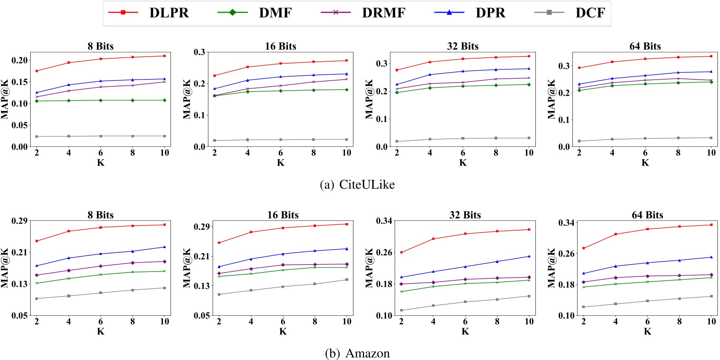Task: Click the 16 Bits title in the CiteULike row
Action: tap(280, 46)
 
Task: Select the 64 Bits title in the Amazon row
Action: tap(647, 215)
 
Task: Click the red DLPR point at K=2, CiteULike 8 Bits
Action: tap(37, 71)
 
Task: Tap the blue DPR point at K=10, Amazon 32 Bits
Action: tap(529, 256)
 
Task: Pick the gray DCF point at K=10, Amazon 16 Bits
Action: tap(347, 280)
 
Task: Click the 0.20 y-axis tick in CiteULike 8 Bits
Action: tap(19, 60)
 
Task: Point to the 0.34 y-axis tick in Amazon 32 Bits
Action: tap(384, 220)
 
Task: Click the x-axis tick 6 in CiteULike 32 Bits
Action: tap(463, 153)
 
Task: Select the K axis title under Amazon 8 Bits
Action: tap(100, 331)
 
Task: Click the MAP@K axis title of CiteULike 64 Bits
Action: tap(551, 99)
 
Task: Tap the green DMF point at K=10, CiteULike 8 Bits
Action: tap(165, 100)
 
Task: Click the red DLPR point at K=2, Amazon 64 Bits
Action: tap(583, 248)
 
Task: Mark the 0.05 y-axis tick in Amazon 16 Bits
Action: tap(202, 315)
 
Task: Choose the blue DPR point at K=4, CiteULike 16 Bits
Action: tap(248, 80)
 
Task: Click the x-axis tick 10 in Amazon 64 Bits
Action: tap(711, 322)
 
